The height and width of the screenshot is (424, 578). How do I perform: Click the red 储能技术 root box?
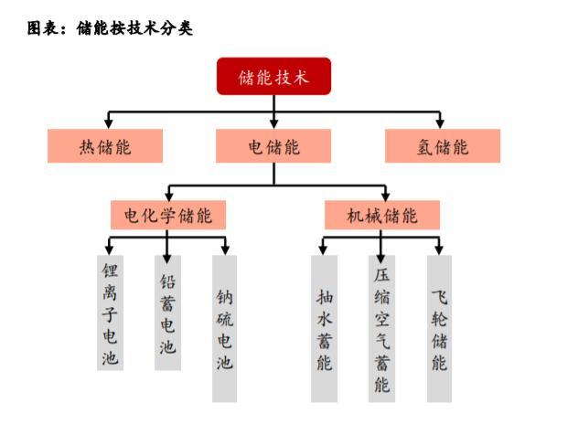273,77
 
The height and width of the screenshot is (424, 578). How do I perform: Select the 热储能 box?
105,146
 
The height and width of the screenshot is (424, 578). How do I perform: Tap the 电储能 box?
273,146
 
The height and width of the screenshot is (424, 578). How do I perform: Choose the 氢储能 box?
443,146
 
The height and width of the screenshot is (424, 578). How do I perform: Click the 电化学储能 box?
168,216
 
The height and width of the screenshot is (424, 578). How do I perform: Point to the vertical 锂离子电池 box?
110,311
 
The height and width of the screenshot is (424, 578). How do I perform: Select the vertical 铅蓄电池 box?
167,311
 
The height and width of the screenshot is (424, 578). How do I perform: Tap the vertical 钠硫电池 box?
225,328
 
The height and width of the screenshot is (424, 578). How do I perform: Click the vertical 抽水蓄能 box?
324,328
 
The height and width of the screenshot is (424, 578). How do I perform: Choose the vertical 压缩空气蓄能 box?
382,328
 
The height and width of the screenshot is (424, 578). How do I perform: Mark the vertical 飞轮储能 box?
440,328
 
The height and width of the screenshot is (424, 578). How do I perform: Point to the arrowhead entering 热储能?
109,122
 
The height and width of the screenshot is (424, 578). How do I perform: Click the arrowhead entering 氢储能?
440,122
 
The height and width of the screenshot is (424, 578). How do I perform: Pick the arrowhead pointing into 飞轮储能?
440,248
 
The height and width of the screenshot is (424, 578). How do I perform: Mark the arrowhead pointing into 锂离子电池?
110,248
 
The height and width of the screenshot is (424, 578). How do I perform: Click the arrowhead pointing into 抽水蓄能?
324,248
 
